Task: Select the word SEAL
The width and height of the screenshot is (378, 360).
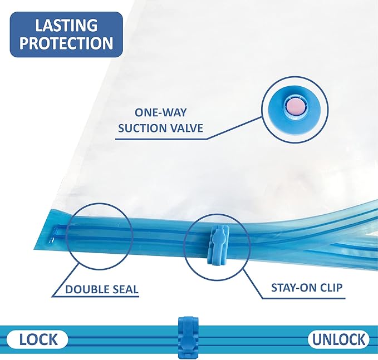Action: coord(126,289)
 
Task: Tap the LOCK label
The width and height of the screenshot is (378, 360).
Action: coord(36,339)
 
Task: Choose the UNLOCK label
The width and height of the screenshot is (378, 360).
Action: coord(338,339)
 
